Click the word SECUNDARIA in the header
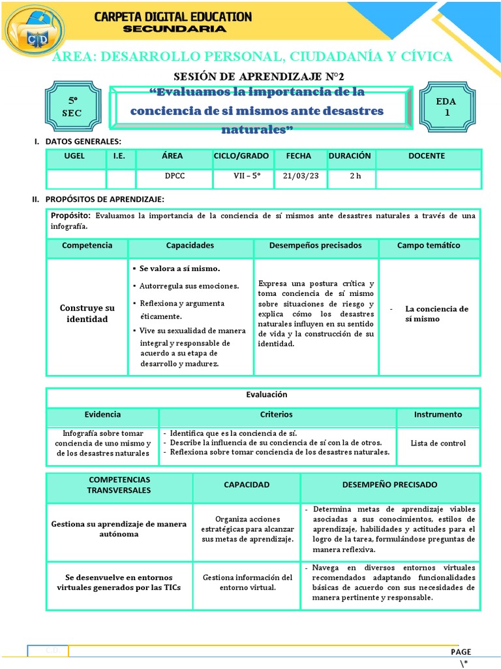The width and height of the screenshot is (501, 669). (175, 29)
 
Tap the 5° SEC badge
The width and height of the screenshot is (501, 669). (73, 107)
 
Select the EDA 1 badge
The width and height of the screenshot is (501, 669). (448, 107)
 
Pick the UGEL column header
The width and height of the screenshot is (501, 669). (75, 156)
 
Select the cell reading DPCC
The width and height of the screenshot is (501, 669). (174, 176)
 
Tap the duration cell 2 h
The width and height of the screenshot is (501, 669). (354, 176)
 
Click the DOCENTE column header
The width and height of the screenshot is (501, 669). (427, 156)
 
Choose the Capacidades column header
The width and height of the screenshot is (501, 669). (190, 246)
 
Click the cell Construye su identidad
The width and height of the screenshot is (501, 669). (87, 314)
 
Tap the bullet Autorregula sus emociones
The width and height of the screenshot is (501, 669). (189, 286)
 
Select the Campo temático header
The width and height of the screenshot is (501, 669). (429, 246)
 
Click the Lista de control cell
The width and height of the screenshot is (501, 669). (438, 443)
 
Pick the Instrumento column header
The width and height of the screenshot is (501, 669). (438, 414)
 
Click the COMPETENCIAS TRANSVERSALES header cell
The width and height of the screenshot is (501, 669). (119, 485)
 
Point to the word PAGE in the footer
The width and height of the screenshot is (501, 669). (461, 651)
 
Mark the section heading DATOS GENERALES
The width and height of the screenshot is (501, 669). (82, 141)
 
